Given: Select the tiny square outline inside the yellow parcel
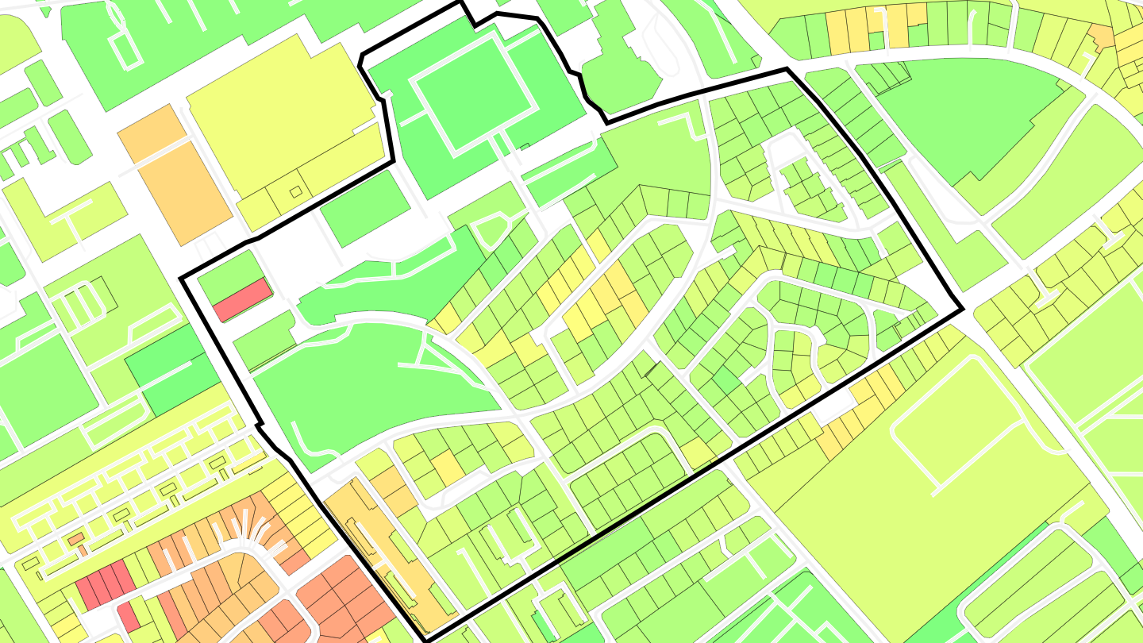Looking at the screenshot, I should [x=295, y=191].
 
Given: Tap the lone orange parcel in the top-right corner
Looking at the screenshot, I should [x=1101, y=34].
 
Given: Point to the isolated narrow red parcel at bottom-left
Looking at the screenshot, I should [x=129, y=616].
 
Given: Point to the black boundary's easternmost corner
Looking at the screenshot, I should [x=962, y=309].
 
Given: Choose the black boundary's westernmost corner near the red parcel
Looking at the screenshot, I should [x=182, y=278].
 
